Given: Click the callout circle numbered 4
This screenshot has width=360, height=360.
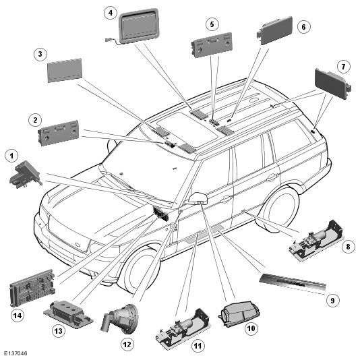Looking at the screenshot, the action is click(111, 12).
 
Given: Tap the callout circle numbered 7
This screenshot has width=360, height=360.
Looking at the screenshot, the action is click(343, 67).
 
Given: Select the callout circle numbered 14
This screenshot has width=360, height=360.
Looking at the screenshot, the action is click(18, 316).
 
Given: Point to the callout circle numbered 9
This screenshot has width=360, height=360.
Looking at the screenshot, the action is click(332, 300).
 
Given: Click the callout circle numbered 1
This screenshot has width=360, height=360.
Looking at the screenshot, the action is click(11, 156).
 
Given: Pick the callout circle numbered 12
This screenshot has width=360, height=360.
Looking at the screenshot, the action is click(127, 344).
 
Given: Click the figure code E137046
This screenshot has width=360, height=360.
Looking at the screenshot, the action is click(16, 353).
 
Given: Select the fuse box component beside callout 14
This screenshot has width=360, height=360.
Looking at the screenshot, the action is click(32, 288).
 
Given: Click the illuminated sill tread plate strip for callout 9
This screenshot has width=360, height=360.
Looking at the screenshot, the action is click(293, 284).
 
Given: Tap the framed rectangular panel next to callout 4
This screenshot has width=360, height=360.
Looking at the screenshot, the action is click(139, 25).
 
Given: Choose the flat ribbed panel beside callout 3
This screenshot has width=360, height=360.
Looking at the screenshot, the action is click(65, 70).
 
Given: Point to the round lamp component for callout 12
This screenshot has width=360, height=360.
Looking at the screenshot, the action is click(120, 320).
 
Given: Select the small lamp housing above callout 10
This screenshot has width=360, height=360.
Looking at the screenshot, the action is click(239, 313).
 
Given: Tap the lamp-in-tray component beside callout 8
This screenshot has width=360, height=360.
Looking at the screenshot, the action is click(316, 241).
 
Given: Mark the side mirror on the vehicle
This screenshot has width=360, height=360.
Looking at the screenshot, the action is click(198, 198).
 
